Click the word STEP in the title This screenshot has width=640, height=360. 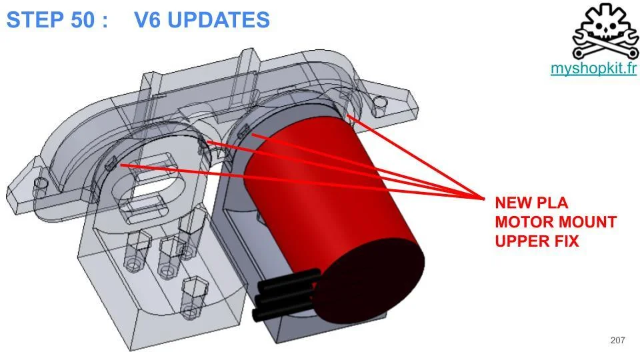pyautogui.click(x=35, y=20)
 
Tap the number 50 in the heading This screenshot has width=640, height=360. pyautogui.click(x=83, y=20)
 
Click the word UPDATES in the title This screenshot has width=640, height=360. pyautogui.click(x=219, y=20)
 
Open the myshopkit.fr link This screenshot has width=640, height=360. pyautogui.click(x=593, y=68)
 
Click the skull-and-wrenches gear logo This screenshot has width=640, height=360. pyautogui.click(x=606, y=31)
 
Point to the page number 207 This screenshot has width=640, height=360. pyautogui.click(x=617, y=340)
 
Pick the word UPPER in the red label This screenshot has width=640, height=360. pyautogui.click(x=522, y=241)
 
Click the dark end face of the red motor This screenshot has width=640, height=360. pyautogui.click(x=370, y=281)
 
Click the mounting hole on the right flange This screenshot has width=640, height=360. pyautogui.click(x=379, y=101)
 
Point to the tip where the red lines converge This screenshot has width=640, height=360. pyautogui.click(x=484, y=199)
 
